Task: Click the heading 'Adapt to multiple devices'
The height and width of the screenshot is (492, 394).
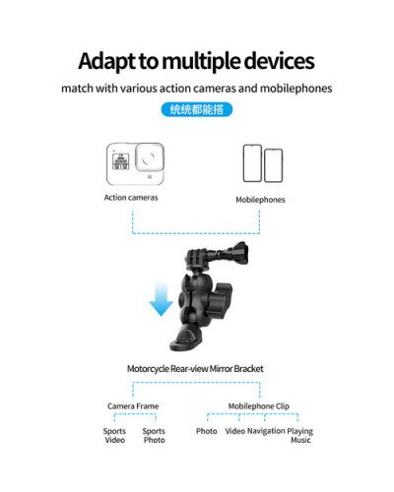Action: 196,61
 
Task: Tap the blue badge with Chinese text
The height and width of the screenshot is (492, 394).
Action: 197,109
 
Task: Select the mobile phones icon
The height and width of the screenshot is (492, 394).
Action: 262,163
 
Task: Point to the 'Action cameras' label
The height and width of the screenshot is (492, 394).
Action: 132,198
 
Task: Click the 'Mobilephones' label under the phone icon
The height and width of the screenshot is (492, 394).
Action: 260,200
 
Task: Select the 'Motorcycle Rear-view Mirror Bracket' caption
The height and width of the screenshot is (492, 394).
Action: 195,369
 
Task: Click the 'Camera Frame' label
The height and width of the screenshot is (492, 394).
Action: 133,405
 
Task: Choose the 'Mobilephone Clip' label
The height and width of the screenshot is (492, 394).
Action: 258,405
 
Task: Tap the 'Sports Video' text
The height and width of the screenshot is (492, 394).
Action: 115,436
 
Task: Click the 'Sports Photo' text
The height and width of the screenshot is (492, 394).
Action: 154,436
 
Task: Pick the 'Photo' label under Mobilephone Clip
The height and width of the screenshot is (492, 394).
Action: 207,431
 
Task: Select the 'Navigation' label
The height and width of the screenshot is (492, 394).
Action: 266,431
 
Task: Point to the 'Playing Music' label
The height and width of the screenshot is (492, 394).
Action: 300,435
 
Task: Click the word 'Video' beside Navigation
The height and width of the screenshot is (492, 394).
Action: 234,431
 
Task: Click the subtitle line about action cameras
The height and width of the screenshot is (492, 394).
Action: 197,88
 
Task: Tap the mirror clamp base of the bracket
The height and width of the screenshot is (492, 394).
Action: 186,340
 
